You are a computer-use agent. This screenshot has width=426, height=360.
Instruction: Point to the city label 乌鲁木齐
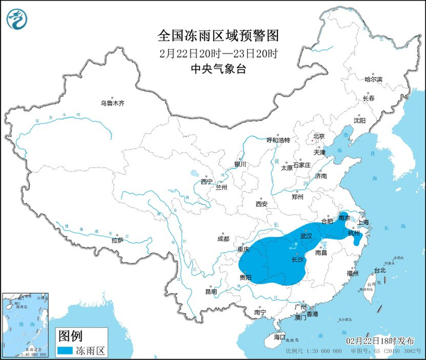pyautogui.click(x=113, y=103)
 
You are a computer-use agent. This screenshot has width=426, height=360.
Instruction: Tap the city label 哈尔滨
pyautogui.click(x=373, y=80)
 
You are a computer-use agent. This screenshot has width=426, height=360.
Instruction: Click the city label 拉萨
pyautogui.click(x=117, y=240)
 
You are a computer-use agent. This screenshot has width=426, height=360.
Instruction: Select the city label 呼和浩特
pyautogui.click(x=279, y=140)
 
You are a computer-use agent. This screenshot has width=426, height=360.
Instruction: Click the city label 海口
pyautogui.click(x=279, y=336)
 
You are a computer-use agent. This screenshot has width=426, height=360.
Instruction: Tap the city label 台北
pyautogui.click(x=379, y=270)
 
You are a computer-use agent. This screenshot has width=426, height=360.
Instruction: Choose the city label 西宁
pyautogui.click(x=206, y=181)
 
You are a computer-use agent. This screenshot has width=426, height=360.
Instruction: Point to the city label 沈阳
pyautogui.click(x=360, y=120)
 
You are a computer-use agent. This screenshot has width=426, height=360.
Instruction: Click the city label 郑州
pyautogui.click(x=298, y=196)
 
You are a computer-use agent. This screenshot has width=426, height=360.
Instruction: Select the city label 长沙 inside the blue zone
pyautogui.click(x=298, y=260)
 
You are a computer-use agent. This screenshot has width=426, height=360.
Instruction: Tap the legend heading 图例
pyautogui.click(x=69, y=335)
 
